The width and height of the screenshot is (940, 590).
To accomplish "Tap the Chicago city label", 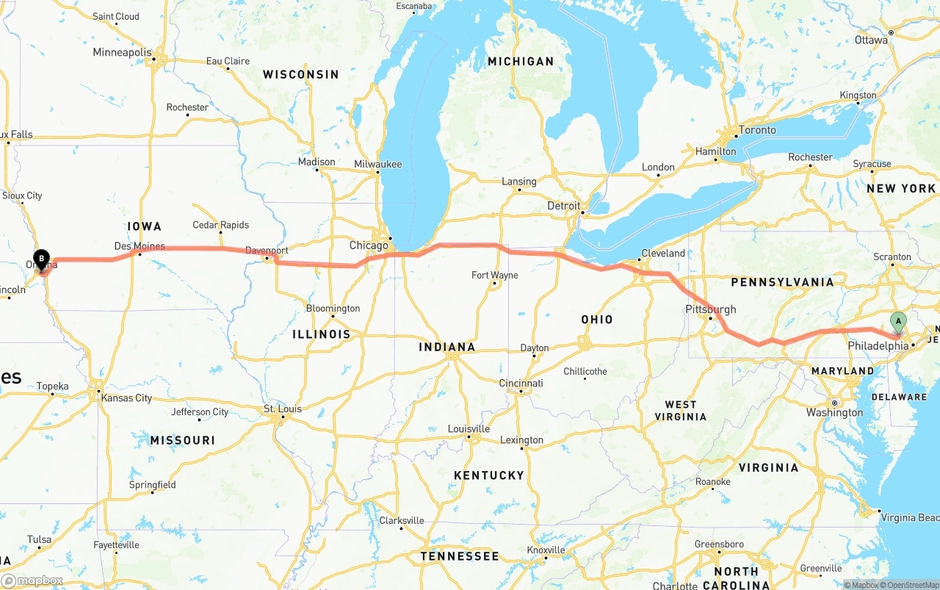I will point(368,245).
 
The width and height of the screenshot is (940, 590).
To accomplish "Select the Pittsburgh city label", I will point(710,309).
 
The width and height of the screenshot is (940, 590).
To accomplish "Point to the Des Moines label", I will point(140,246).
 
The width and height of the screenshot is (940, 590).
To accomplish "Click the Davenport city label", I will point(267,251).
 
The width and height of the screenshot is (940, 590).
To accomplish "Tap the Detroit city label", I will point(563,206).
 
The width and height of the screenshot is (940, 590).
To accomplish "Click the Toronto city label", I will point(756,130).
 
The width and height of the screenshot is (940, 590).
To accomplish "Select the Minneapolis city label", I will point(122,53).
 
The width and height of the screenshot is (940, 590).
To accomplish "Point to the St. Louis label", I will point(283,409).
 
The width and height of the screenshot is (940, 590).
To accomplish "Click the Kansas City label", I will point(126,398).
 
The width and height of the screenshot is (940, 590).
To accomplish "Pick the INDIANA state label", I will point(446,347).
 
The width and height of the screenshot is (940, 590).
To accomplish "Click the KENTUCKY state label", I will point(489,475).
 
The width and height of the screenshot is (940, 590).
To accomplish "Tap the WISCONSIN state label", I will point(301,74).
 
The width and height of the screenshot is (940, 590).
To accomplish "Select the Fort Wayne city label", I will point(494,276).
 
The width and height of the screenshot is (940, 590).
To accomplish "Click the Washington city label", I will point(834,413).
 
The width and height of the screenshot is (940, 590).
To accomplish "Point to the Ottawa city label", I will point(871,40).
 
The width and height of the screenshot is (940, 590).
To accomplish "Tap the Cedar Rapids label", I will point(220,225).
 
